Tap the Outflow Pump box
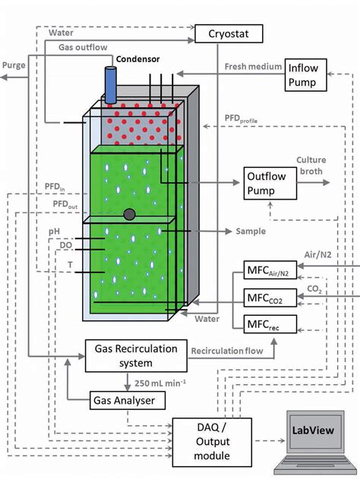click(264, 184)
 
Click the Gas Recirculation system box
click(136, 355)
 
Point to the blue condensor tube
click(110, 84)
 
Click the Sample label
click(250, 230)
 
